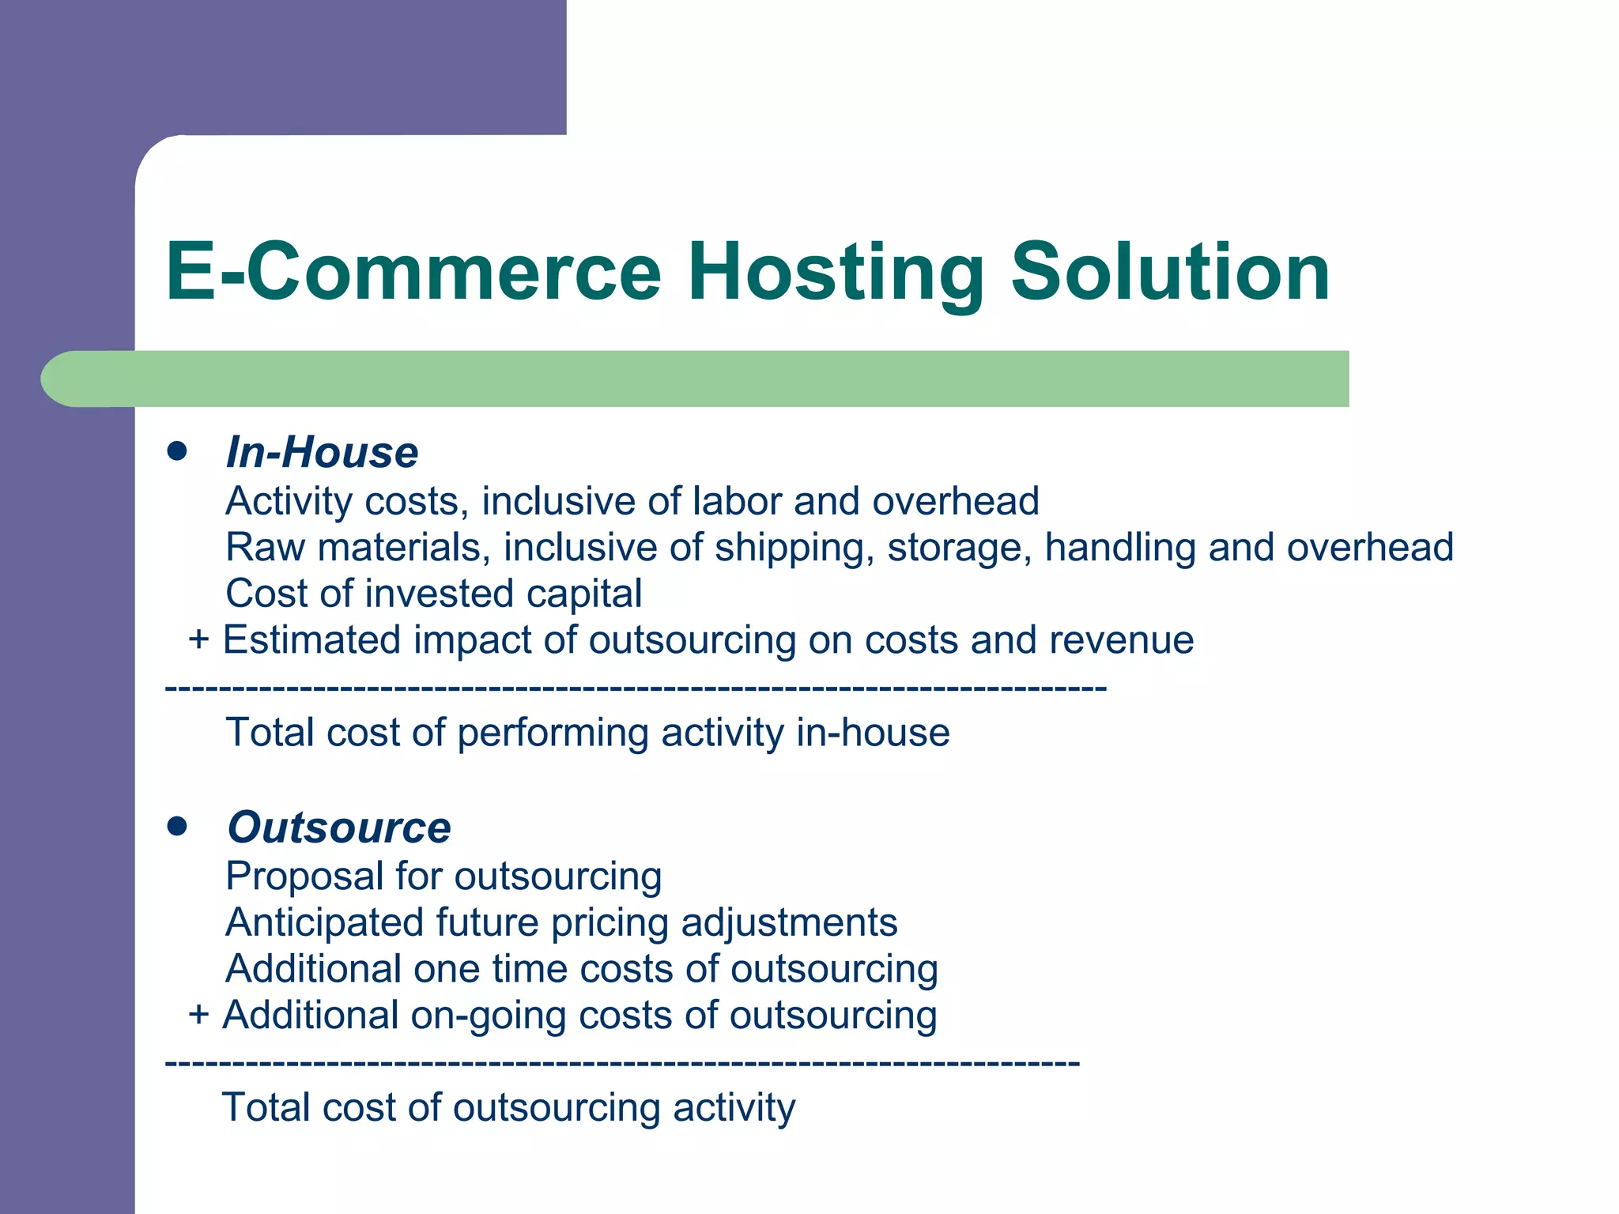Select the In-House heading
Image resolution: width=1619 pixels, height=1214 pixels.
coord(322,452)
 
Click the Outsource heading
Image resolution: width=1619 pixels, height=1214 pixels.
coord(338,828)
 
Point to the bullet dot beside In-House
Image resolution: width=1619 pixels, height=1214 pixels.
coord(177,451)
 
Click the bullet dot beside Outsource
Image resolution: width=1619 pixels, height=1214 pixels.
coord(177,827)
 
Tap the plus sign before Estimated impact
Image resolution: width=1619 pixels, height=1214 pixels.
coord(198,639)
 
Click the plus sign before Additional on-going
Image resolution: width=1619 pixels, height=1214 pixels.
coord(198,1015)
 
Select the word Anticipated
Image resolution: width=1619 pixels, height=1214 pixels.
coord(324,923)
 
